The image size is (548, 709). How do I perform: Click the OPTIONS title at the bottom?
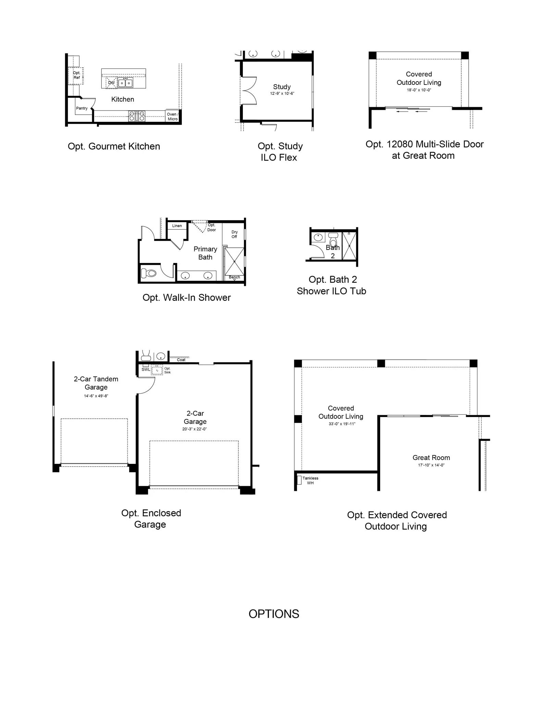[x=274, y=614]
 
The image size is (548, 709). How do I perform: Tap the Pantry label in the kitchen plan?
[x=82, y=108]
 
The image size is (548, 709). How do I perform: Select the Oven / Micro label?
[x=173, y=117]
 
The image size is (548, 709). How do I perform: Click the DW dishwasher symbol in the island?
[x=112, y=83]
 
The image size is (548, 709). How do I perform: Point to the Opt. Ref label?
[x=77, y=75]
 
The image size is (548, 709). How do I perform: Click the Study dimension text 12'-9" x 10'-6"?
[x=282, y=93]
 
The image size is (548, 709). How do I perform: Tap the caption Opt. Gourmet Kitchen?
[x=114, y=146]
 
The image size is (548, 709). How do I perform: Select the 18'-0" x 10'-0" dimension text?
[x=419, y=90]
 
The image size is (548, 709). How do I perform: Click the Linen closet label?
[x=177, y=226]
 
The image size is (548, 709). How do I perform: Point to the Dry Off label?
[x=234, y=234]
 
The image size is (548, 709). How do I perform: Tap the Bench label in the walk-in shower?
[x=234, y=277]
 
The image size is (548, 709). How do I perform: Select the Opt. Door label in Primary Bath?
[x=212, y=227]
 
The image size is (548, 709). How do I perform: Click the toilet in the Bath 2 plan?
[x=333, y=240]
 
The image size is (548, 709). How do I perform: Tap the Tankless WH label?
[x=310, y=480]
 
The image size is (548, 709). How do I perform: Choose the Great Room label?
[x=431, y=457]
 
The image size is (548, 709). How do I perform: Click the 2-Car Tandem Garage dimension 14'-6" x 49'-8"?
[x=96, y=396]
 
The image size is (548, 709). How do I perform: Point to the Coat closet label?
[x=181, y=360]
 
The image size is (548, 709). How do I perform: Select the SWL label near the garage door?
[x=146, y=369]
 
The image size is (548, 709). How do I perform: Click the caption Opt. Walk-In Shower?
[x=187, y=297]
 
